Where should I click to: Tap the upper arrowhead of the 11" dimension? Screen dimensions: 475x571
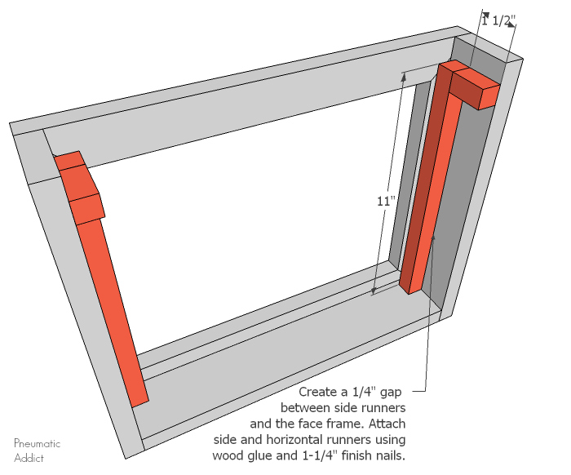pyautogui.click(x=404, y=75)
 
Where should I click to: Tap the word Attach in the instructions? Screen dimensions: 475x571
pyautogui.click(x=386, y=424)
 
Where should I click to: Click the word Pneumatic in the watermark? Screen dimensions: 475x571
pyautogui.click(x=37, y=443)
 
